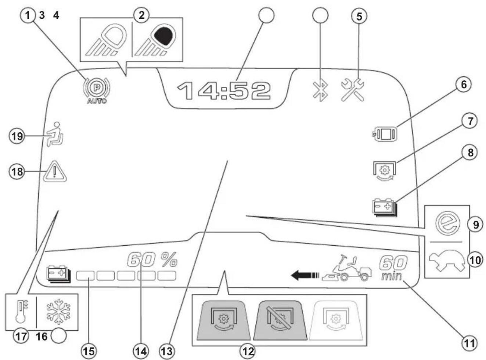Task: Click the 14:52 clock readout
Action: (224, 91)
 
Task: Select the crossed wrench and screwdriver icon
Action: (353, 90)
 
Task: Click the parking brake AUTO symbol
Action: (97, 91)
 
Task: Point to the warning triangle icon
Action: (55, 171)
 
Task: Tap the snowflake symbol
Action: (58, 311)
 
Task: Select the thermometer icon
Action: (21, 311)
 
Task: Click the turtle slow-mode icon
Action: (447, 261)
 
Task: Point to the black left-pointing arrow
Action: (305, 275)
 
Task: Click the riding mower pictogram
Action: (346, 268)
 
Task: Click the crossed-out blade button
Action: (280, 320)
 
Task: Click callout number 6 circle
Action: (464, 84)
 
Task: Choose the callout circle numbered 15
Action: (89, 351)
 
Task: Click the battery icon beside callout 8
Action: (385, 207)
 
